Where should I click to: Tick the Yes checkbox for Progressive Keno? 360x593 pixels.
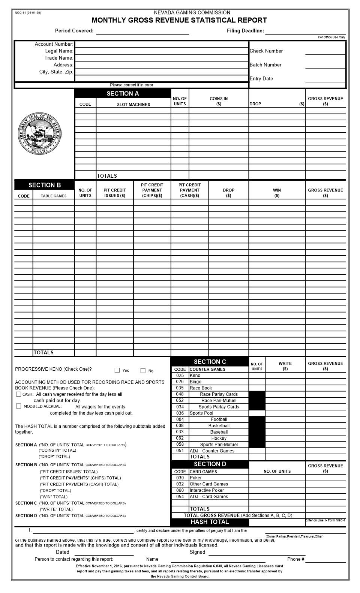coord(117,370)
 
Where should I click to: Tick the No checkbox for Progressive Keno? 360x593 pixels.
coord(143,371)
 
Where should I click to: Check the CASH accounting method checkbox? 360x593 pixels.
coord(18,394)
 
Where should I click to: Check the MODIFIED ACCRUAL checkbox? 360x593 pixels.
coord(18,406)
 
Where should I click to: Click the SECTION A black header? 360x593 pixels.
coord(123,94)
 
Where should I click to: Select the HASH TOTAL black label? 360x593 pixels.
coord(210,522)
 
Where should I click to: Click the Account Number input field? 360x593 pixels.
coord(161,44)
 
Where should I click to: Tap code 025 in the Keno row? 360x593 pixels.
coord(180,376)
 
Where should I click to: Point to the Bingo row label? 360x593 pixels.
coord(195,382)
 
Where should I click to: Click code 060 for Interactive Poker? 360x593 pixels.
coord(180,490)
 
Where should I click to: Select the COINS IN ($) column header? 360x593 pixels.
coord(219,101)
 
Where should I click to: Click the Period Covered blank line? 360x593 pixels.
coord(142,31)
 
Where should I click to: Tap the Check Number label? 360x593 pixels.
coord(266,51)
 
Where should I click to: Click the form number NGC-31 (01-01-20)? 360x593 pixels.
coord(28,13)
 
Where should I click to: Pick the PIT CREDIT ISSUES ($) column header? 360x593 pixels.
coord(115,193)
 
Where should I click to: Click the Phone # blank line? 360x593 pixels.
coord(325,559)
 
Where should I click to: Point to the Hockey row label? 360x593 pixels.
coord(219,438)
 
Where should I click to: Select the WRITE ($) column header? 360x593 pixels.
coord(285,366)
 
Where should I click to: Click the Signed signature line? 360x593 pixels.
coord(257,552)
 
